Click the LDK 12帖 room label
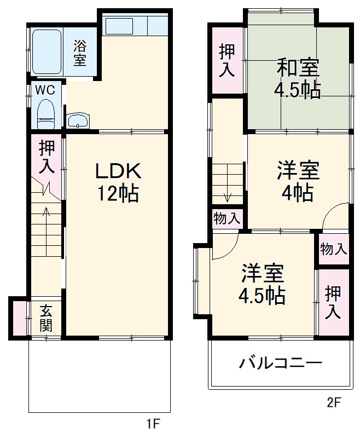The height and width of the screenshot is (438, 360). (x=118, y=182)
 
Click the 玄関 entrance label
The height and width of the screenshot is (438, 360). (x=45, y=319)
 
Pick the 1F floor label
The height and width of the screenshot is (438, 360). (x=153, y=423)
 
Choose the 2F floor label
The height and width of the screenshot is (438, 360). (x=334, y=404)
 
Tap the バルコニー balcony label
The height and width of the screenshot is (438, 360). (x=280, y=363)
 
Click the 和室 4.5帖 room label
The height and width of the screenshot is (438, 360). (x=297, y=79)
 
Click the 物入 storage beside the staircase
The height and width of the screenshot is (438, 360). (x=227, y=219)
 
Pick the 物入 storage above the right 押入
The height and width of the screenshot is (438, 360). (x=333, y=249)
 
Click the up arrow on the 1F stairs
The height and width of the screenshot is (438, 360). (x=47, y=214)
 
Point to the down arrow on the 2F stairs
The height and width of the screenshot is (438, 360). (x=228, y=196)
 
